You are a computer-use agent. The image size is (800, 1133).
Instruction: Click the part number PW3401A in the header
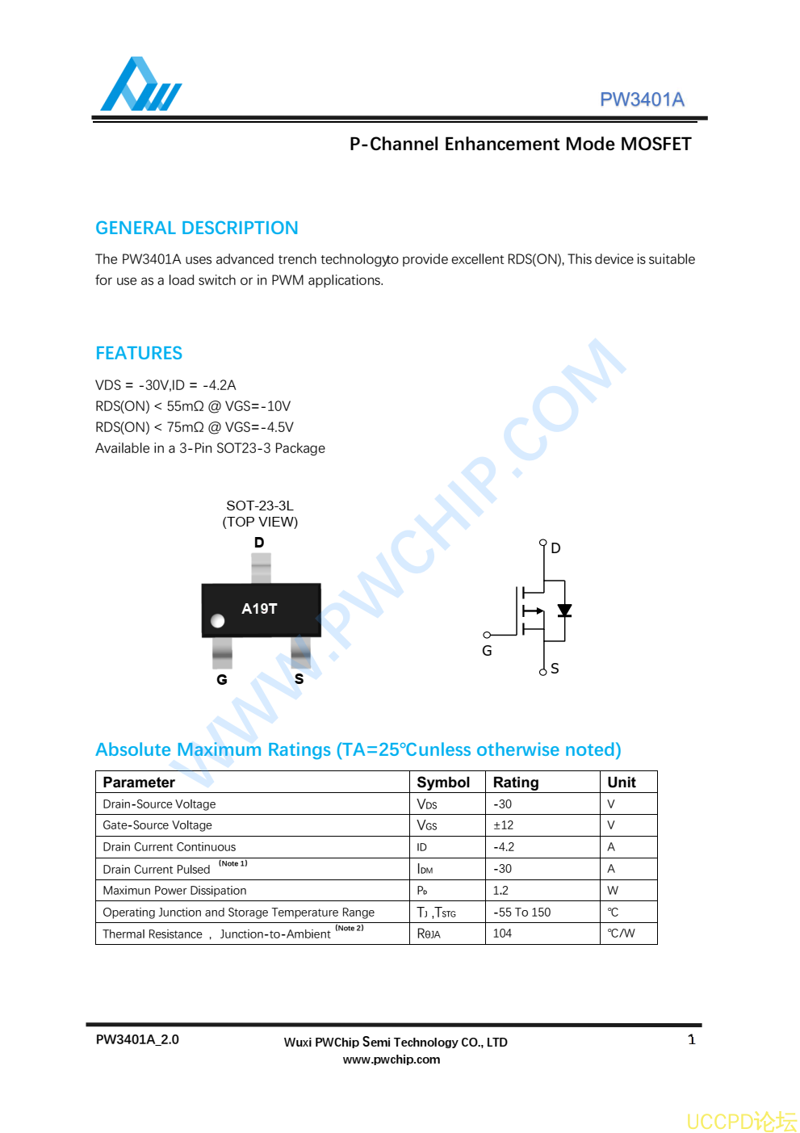click(x=642, y=99)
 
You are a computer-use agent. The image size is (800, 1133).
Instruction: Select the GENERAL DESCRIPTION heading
click(x=197, y=228)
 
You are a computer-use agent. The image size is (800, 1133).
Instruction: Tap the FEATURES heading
click(x=139, y=353)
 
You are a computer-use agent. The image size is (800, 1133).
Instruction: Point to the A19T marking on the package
click(x=259, y=609)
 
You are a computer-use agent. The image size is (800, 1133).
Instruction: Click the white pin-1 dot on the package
click(x=217, y=621)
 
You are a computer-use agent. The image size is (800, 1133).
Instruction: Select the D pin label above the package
click(x=259, y=543)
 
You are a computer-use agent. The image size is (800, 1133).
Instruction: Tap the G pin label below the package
click(x=222, y=680)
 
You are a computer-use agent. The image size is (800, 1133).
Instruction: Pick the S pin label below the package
click(x=299, y=679)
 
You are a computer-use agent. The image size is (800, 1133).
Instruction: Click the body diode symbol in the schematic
click(x=564, y=611)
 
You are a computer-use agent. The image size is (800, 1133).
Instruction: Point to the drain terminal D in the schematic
click(x=555, y=548)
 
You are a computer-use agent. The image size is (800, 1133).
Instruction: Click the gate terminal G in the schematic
click(x=487, y=650)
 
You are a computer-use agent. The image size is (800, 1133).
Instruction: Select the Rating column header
click(x=516, y=783)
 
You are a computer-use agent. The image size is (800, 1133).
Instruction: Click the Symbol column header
click(x=443, y=783)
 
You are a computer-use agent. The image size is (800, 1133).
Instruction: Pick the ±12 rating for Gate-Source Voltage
click(x=504, y=825)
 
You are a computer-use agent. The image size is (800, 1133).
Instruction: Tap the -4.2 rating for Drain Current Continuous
click(x=504, y=847)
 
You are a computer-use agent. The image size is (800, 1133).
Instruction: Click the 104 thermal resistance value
click(x=502, y=934)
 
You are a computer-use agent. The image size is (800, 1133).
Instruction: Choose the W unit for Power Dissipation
click(x=613, y=891)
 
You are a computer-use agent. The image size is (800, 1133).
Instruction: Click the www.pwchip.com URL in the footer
click(x=392, y=1060)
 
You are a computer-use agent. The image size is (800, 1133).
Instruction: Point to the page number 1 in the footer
click(x=692, y=1040)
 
